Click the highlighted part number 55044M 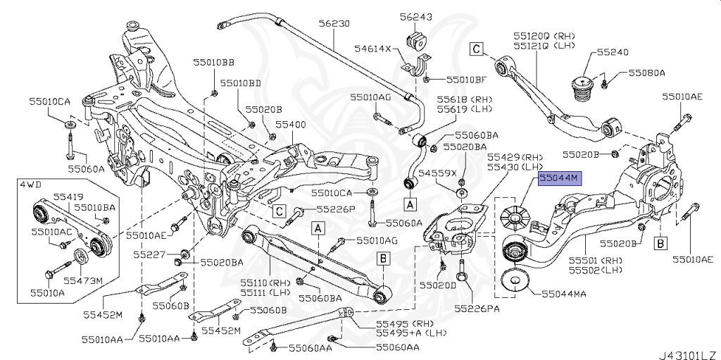559,180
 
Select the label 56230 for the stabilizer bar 333,23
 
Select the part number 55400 291,123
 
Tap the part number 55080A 647,72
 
